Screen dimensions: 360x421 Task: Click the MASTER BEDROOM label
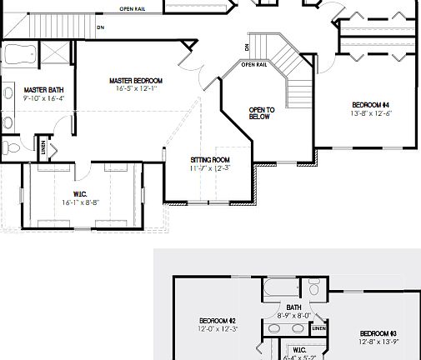(136, 81)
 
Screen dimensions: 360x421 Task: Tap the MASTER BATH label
(38, 90)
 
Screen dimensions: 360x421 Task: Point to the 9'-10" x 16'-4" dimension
(38, 98)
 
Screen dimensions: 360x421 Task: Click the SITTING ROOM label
(209, 160)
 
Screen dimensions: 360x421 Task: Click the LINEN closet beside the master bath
(44, 148)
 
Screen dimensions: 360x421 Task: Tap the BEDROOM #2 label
(218, 321)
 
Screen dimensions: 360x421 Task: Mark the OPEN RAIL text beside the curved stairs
(253, 64)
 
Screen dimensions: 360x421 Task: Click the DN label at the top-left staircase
(100, 27)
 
